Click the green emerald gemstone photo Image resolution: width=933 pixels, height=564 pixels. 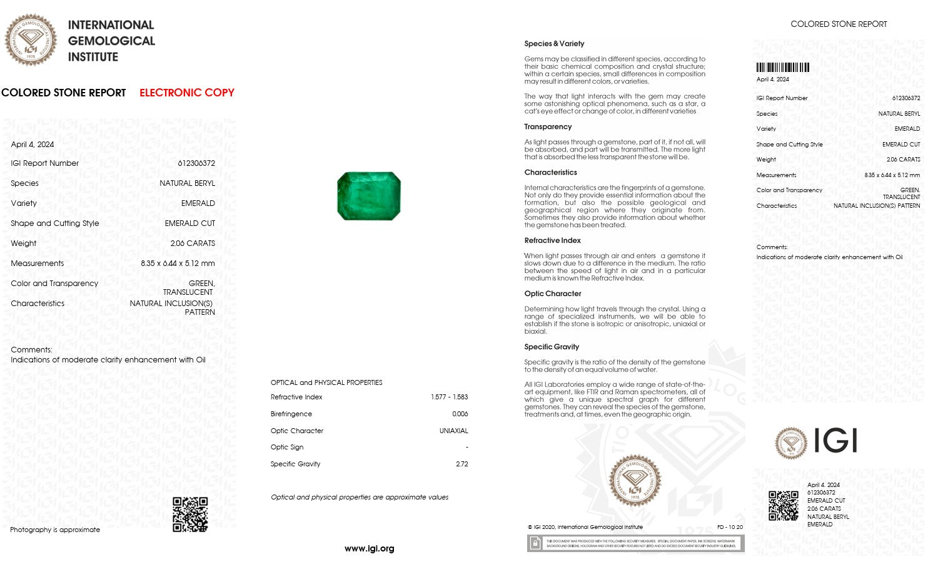point(369,196)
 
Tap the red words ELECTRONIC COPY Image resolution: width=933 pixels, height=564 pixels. point(186,93)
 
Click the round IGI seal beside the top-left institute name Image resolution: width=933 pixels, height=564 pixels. point(31,40)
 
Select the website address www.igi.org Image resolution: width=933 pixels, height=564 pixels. point(369,548)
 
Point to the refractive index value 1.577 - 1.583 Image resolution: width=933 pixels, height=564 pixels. point(449,397)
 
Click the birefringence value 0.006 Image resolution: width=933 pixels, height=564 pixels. point(460,414)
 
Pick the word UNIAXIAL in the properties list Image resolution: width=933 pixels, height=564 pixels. point(453,431)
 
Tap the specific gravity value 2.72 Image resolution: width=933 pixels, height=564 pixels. point(462,464)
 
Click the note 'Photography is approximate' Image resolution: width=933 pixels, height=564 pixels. point(55,530)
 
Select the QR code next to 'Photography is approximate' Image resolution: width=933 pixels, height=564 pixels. point(190,515)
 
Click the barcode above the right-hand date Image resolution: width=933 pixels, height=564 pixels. point(782,68)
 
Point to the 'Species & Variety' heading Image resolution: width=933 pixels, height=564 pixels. point(554,44)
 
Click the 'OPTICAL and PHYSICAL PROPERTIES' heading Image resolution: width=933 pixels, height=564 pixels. point(326,382)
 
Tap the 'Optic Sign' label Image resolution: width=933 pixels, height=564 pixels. point(287,447)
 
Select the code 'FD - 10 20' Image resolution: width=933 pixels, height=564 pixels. point(730,527)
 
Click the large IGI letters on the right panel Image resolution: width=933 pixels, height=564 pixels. point(835,441)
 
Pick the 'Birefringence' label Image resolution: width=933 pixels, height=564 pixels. point(291,414)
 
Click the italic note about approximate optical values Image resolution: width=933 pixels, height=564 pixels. point(360,497)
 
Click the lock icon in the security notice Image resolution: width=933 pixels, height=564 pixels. point(535,543)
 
